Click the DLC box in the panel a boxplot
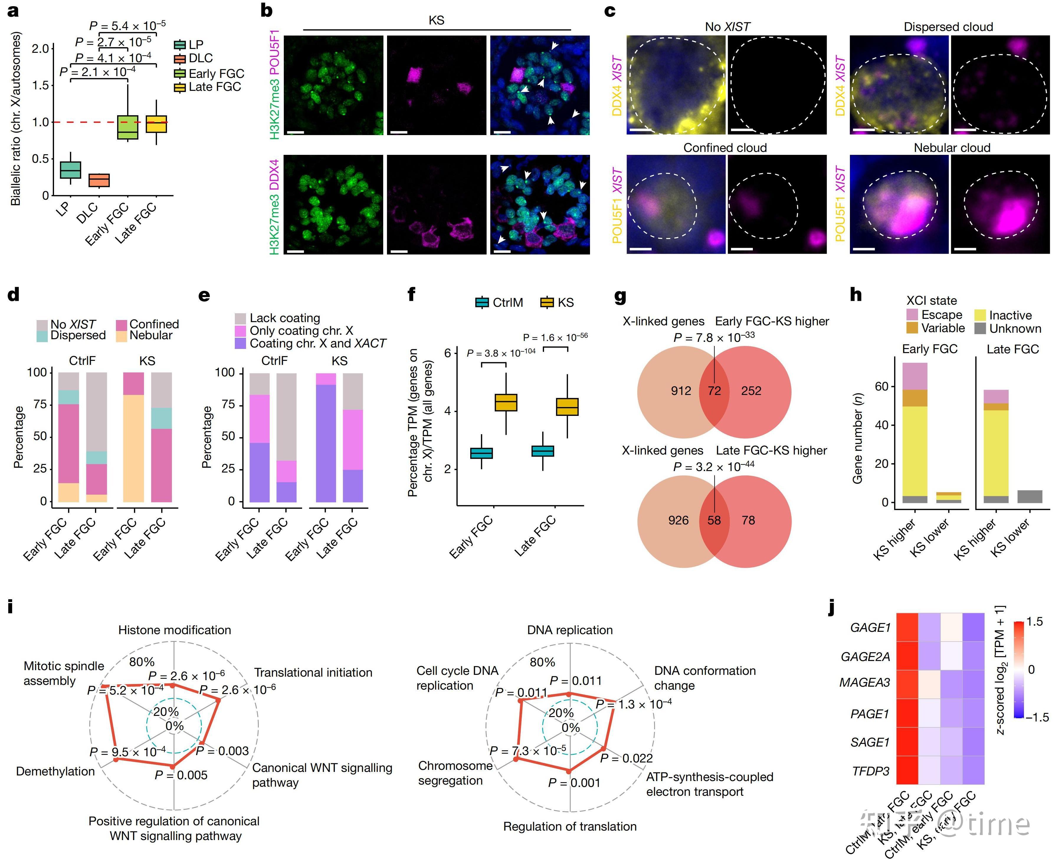(99, 180)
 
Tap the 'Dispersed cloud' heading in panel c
(948, 27)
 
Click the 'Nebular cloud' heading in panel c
(952, 148)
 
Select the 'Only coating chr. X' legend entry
(301, 331)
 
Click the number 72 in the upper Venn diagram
(714, 391)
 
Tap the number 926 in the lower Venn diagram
(679, 520)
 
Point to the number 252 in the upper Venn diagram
(751, 391)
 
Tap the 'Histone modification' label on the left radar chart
(175, 630)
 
